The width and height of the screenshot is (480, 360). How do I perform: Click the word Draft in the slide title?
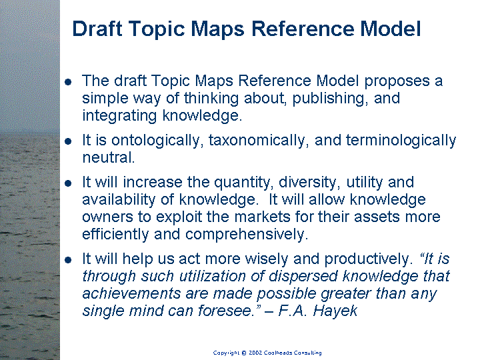click(97, 29)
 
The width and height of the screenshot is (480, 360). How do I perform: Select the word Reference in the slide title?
click(303, 29)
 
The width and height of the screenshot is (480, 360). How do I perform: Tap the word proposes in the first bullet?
click(397, 81)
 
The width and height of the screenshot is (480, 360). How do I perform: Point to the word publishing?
click(330, 99)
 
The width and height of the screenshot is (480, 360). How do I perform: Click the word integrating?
click(119, 116)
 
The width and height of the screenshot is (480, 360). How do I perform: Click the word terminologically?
click(401, 141)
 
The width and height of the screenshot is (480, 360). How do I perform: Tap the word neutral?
click(109, 157)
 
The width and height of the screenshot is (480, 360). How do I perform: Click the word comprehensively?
click(247, 235)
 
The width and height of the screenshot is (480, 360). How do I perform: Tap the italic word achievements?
click(131, 293)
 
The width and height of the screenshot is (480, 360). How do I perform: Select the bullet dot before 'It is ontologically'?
click(68, 141)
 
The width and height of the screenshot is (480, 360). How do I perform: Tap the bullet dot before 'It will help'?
click(68, 260)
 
